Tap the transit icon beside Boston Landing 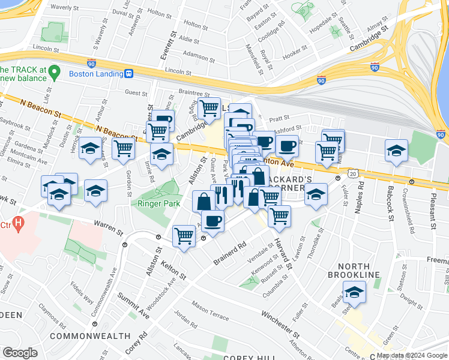(x=128, y=74)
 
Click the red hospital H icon (x=19, y=225)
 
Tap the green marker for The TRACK (x=54, y=73)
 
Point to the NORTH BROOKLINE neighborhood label (x=358, y=270)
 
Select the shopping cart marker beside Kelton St (x=184, y=235)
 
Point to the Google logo (x=20, y=353)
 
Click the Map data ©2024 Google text (x=412, y=355)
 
